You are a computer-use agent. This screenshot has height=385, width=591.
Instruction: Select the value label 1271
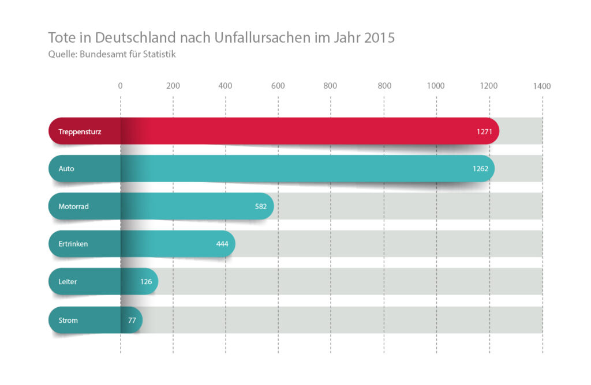point(484,132)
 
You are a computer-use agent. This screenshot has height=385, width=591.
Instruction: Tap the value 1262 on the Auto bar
point(480,169)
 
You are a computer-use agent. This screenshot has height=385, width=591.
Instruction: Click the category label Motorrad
point(73,206)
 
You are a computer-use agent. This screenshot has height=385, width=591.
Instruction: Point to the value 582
point(261,206)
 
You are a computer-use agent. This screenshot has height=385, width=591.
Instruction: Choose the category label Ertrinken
point(73,244)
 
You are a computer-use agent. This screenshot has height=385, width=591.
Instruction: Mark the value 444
point(222,244)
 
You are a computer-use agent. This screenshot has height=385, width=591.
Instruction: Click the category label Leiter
point(68,282)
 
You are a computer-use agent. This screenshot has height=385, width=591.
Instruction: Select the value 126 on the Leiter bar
point(145,282)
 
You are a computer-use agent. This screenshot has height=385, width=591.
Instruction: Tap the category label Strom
point(68,320)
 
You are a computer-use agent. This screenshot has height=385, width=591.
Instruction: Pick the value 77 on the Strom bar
point(132,320)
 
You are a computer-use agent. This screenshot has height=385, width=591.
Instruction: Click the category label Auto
point(66,169)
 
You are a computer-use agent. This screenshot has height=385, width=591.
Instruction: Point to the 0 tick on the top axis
point(120,86)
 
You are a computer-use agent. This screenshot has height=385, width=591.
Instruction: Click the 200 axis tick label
point(173,86)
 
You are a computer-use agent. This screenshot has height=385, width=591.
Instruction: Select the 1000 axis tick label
point(436,86)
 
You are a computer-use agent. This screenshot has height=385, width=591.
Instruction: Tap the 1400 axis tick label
point(542,86)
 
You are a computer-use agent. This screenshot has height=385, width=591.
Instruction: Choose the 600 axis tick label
point(278,86)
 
